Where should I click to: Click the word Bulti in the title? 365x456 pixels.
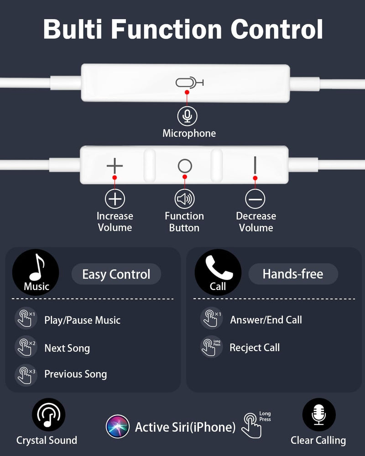click(73, 29)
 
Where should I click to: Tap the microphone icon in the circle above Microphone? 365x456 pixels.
click(187, 116)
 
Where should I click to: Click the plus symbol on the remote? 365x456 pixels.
click(115, 166)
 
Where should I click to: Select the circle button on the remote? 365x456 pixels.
click(185, 166)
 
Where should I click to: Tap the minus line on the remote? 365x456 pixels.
click(255, 165)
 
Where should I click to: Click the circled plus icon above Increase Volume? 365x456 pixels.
click(115, 199)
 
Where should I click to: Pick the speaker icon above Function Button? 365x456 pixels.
click(184, 199)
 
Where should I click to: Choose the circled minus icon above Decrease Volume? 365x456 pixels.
click(255, 199)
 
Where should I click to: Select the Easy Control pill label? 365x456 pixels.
click(116, 274)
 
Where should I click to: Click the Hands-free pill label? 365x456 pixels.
click(293, 274)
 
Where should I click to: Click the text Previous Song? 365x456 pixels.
click(76, 374)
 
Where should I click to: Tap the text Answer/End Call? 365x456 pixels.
click(266, 320)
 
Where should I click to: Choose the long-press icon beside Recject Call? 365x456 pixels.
click(211, 347)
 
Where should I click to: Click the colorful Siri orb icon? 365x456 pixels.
click(118, 427)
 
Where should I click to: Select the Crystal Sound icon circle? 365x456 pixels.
click(49, 415)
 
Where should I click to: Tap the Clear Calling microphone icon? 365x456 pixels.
click(319, 415)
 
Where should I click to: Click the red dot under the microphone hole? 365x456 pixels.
click(187, 92)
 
